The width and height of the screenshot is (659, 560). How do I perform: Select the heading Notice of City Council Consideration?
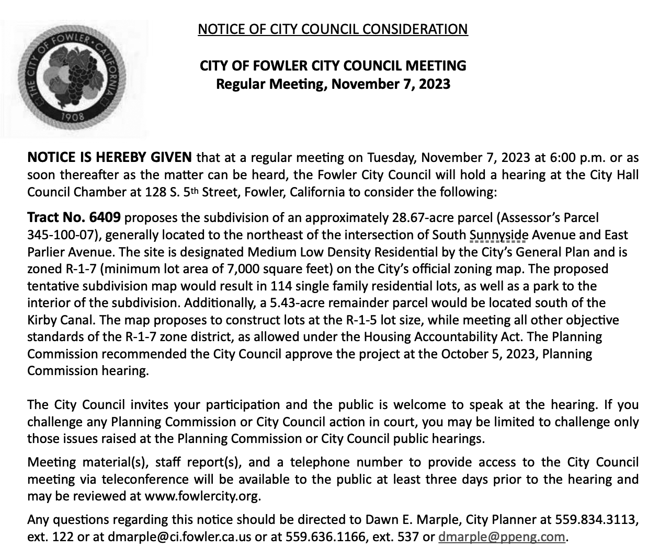[x=333, y=29]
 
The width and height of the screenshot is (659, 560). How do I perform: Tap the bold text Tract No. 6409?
[x=74, y=217]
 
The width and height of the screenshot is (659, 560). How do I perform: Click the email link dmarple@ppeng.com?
[x=502, y=536]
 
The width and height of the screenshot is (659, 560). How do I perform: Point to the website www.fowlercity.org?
[x=201, y=496]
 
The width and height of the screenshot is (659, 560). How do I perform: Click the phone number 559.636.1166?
[x=325, y=536]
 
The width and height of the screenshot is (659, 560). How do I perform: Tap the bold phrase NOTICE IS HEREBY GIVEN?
[x=110, y=157]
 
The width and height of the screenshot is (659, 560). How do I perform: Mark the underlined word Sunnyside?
[x=498, y=235]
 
